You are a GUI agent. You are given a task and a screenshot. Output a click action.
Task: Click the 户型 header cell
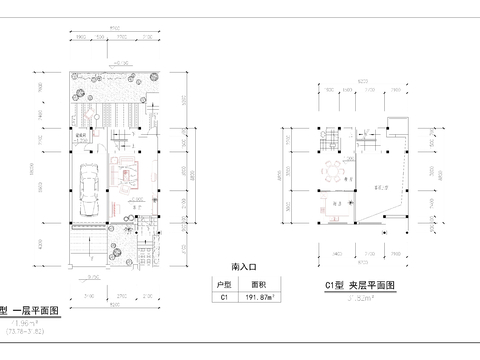click(x=225, y=284)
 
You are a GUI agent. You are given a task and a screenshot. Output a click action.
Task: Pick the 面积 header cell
click(x=258, y=284)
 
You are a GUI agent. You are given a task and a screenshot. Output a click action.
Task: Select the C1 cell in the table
click(x=225, y=297)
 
